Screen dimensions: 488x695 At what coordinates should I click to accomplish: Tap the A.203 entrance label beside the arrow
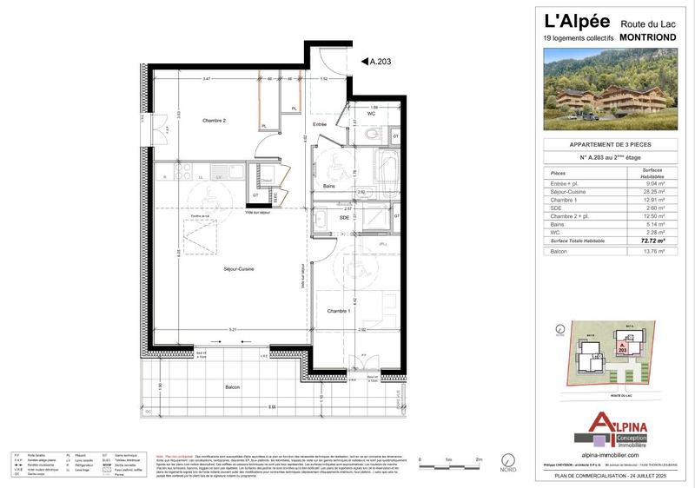[x=381, y=62]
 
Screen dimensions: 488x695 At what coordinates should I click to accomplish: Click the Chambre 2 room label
[x=214, y=121]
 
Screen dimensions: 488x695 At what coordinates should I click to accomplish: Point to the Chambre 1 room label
[x=339, y=311]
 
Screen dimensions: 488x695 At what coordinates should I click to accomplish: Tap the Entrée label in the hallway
[x=320, y=125]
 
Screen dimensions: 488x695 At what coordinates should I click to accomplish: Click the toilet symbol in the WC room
[x=373, y=135]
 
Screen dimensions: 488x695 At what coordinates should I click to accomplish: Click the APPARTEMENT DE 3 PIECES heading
[x=610, y=144]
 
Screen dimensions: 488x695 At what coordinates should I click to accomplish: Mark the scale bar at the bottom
[x=449, y=461]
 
